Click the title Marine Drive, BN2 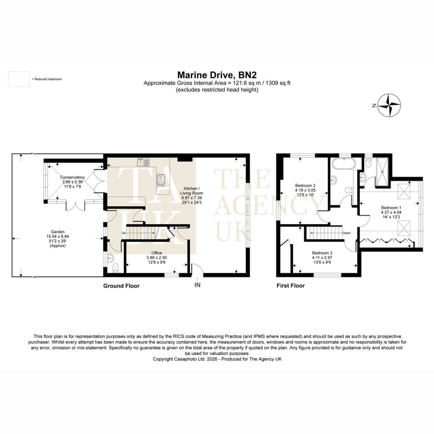217,75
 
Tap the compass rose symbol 389,106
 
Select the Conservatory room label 72,177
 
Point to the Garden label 58,232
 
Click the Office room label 157,253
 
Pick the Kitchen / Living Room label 192,191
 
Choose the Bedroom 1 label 391,208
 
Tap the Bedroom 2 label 305,186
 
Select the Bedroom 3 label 322,253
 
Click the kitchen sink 143,162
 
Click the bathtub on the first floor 344,164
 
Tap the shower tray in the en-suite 383,172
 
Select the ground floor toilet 116,268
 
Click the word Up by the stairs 123,233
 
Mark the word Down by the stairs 347,233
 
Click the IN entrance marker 198,285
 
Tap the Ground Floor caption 121,286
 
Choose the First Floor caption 291,286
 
